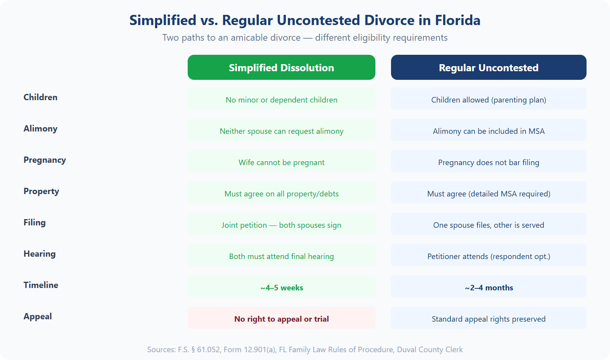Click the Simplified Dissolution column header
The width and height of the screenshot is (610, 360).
pyautogui.click(x=281, y=67)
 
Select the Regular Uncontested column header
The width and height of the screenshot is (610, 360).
pyautogui.click(x=488, y=67)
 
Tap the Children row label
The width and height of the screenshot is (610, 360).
pyautogui.click(x=40, y=97)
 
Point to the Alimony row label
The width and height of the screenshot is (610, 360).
pyautogui.click(x=40, y=129)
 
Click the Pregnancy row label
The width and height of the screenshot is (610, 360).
pyautogui.click(x=45, y=160)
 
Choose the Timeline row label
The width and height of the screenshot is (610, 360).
pyautogui.click(x=41, y=285)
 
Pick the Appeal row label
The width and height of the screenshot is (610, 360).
pyautogui.click(x=38, y=317)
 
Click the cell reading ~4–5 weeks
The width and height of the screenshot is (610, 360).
pyautogui.click(x=281, y=288)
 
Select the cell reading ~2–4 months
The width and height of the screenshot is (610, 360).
pyautogui.click(x=488, y=288)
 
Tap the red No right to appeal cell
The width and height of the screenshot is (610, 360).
pyautogui.click(x=281, y=319)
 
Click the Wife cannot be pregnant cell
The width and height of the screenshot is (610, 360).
pyautogui.click(x=281, y=162)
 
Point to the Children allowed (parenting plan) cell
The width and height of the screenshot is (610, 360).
pyautogui.click(x=488, y=100)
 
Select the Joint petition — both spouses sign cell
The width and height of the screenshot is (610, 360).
pyautogui.click(x=281, y=225)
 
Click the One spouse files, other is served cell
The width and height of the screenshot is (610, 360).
pyautogui.click(x=488, y=225)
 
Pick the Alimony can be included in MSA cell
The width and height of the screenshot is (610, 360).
pyautogui.click(x=488, y=131)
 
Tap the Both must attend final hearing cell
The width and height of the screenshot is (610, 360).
pyautogui.click(x=281, y=256)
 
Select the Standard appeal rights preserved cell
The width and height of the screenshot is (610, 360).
pyautogui.click(x=488, y=319)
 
